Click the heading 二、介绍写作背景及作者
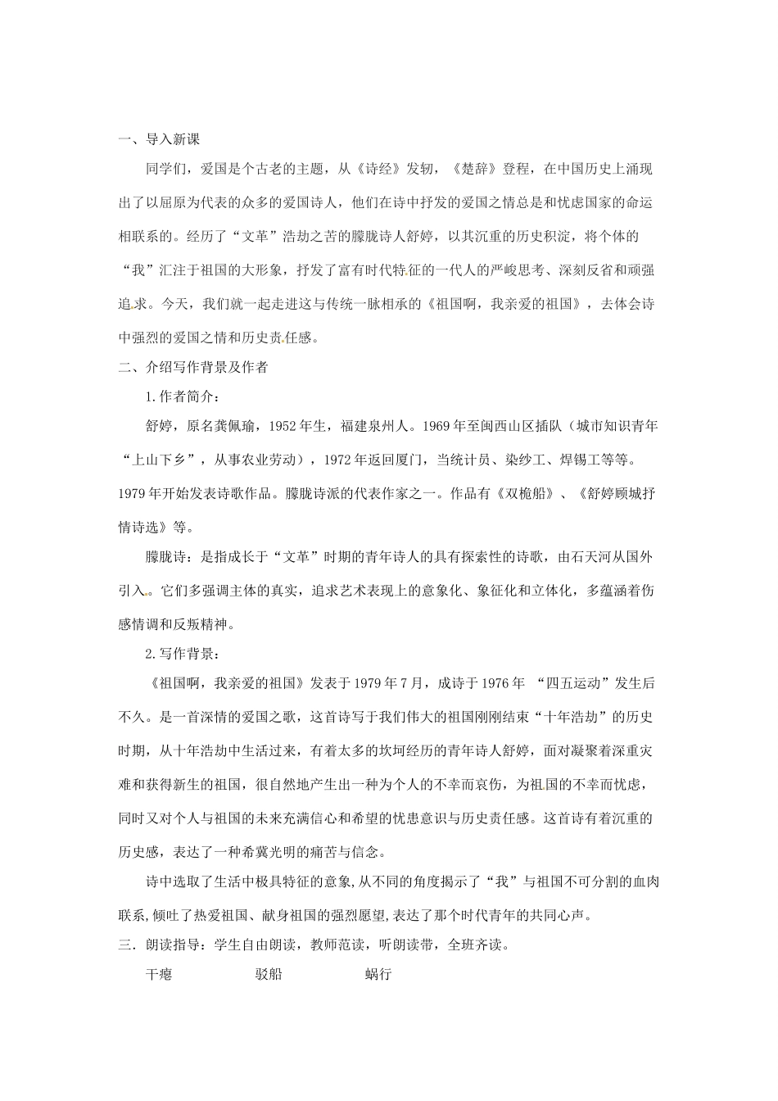coord(193,367)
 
